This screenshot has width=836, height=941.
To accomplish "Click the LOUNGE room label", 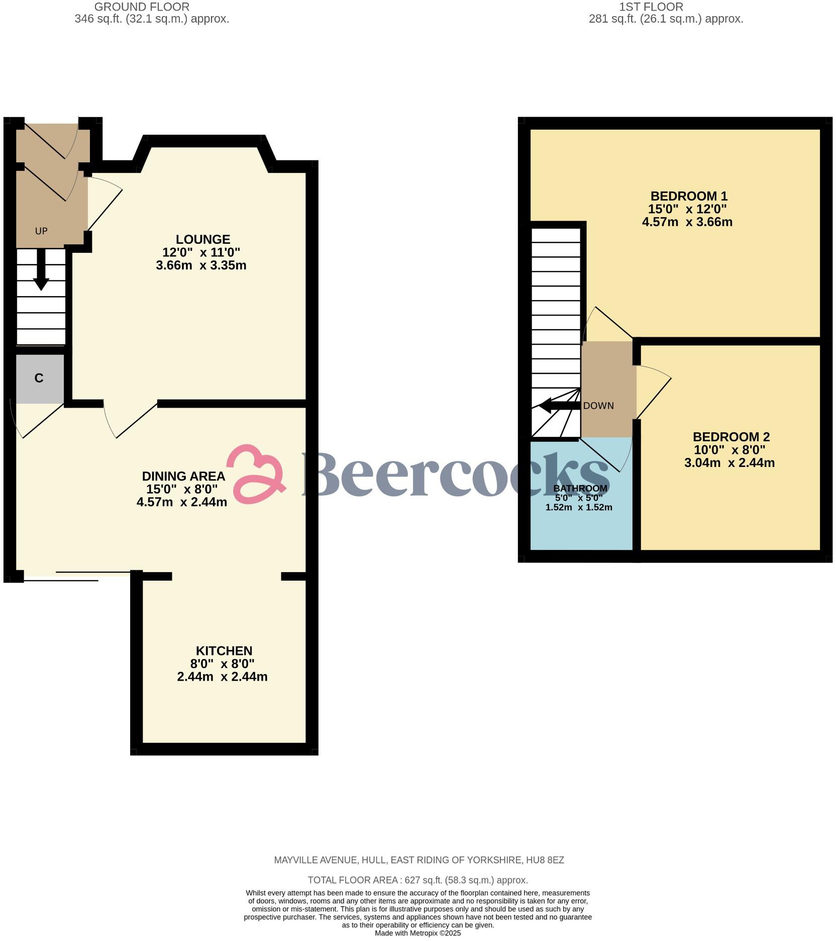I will tap(202, 239).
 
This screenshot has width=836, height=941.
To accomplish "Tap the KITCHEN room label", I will tap(224, 650).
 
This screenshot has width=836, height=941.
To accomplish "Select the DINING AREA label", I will tap(183, 476).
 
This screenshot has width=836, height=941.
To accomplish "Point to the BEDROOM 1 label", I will tap(688, 196).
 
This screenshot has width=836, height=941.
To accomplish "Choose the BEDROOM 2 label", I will tap(730, 437).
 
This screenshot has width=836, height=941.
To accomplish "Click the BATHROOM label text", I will tap(580, 488).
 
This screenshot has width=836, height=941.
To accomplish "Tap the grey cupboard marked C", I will tap(39, 379).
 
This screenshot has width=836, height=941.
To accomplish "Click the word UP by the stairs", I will tap(41, 231).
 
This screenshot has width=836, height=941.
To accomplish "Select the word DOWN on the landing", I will tap(598, 406).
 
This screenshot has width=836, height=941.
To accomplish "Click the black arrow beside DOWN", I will tap(558, 406).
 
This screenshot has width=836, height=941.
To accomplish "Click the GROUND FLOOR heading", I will tap(142, 7).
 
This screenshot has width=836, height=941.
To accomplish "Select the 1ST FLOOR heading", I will tap(651, 7).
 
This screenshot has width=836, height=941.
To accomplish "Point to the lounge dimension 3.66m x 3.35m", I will tap(201, 265).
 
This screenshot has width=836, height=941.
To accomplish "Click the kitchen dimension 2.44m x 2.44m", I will tap(222, 677).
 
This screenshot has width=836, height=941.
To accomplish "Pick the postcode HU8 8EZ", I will tap(545, 860).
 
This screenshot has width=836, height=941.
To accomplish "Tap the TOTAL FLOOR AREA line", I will tap(417, 880).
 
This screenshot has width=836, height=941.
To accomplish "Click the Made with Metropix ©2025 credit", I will tap(417, 933).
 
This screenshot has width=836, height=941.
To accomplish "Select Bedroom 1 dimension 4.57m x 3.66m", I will tap(687, 222).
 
